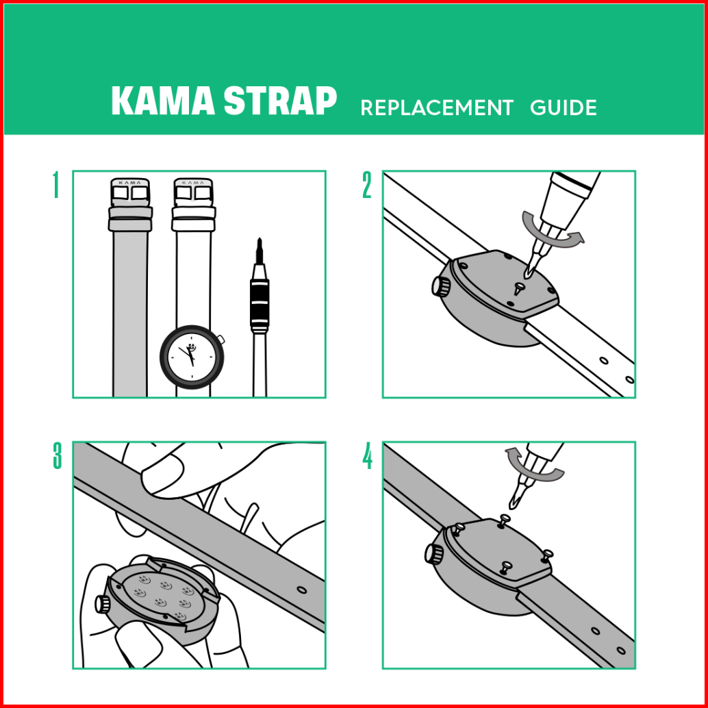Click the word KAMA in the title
pyautogui.click(x=163, y=101)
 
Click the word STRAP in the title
pyautogui.click(x=281, y=101)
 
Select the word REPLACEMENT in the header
pyautogui.click(x=437, y=108)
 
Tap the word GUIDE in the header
pyautogui.click(x=563, y=108)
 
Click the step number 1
pyautogui.click(x=55, y=185)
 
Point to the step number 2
pyautogui.click(x=366, y=185)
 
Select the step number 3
pyautogui.click(x=57, y=455)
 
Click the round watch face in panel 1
pyautogui.click(x=192, y=357)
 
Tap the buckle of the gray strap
pyautogui.click(x=130, y=192)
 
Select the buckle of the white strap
pyautogui.click(x=193, y=192)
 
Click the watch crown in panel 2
pyautogui.click(x=441, y=286)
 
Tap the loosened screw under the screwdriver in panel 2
pyautogui.click(x=518, y=287)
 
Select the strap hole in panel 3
pyautogui.click(x=302, y=590)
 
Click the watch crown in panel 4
pyautogui.click(x=434, y=553)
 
